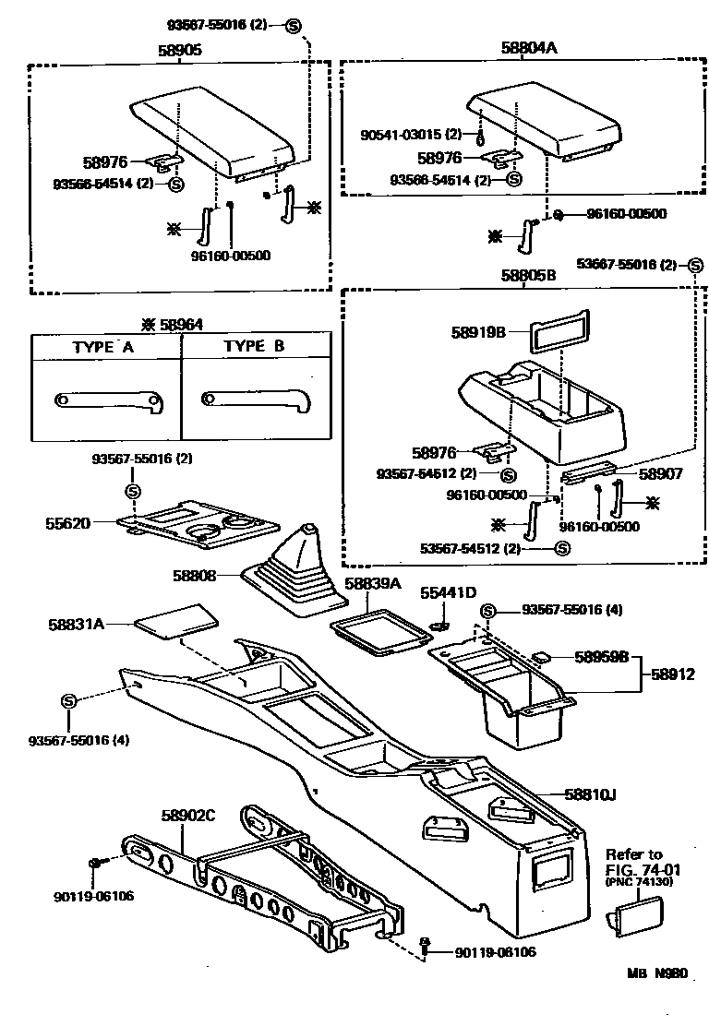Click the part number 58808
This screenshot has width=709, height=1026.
[x=194, y=575]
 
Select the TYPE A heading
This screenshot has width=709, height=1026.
[x=103, y=348]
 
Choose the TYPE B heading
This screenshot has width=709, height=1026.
[x=255, y=348]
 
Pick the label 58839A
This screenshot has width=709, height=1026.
[x=373, y=584]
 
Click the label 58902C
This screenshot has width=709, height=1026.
[x=187, y=815]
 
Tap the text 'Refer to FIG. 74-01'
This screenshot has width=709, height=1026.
[x=635, y=861]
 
